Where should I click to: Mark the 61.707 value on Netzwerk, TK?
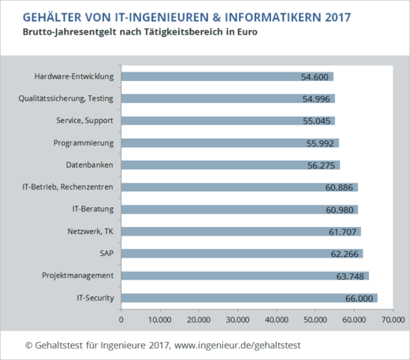point(343,232)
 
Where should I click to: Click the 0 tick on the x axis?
point(121,319)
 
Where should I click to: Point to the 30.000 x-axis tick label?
point(238,319)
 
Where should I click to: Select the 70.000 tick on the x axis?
point(392,319)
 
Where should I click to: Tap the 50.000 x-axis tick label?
point(315,319)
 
